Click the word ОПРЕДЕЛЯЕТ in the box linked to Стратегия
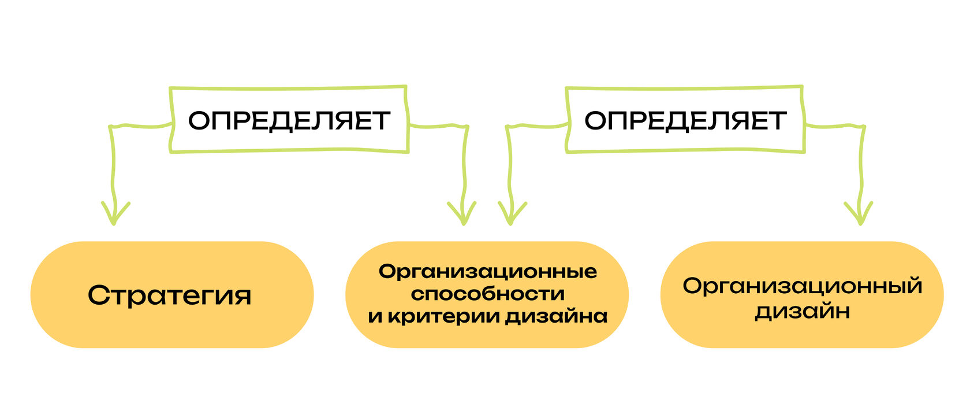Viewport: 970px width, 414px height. pos(289,120)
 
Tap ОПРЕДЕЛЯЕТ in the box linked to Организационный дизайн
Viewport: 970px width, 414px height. pos(685,120)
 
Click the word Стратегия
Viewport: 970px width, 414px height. pos(170,295)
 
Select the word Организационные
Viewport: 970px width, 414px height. pos(488,272)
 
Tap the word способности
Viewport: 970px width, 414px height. pos(488,294)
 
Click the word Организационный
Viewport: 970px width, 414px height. pos(802,286)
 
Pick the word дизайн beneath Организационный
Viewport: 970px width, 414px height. pos(802,312)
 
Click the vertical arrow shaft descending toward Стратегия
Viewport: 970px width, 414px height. pos(113,168)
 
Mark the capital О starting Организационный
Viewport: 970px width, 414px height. pos(692,286)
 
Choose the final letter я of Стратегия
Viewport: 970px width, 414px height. pos(244,296)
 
